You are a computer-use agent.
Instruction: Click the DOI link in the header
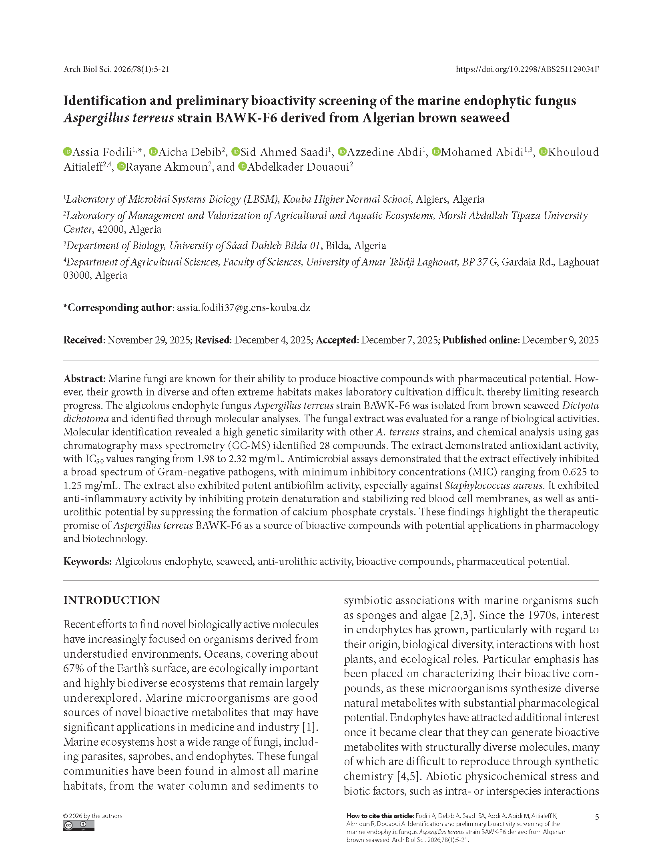click(x=527, y=69)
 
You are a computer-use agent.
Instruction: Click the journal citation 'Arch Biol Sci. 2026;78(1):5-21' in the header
click(x=116, y=69)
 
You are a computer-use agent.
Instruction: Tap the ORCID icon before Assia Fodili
click(x=68, y=152)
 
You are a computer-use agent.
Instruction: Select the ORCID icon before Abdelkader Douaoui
click(x=242, y=167)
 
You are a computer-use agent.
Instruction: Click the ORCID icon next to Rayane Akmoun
click(x=121, y=167)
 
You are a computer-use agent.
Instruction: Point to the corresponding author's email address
click(x=243, y=307)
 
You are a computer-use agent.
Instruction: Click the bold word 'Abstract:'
click(x=84, y=379)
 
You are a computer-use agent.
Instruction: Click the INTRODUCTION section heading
click(x=111, y=600)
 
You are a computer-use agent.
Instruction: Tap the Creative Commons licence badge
click(x=78, y=826)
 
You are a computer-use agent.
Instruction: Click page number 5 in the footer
click(x=596, y=817)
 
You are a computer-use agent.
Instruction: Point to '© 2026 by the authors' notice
click(x=92, y=816)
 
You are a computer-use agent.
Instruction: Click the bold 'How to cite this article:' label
click(x=380, y=816)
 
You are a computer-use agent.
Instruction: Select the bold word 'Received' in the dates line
click(x=83, y=340)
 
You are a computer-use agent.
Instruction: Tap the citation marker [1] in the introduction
click(x=310, y=727)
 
